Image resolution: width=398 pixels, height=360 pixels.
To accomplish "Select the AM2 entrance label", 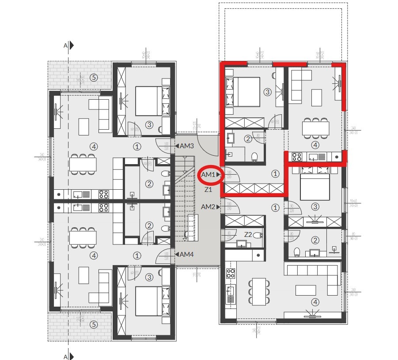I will (x=208, y=206).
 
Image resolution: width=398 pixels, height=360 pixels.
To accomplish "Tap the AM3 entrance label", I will (x=186, y=146).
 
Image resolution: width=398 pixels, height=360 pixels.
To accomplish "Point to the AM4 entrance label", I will (x=186, y=254).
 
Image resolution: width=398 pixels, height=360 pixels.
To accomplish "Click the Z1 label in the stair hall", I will (x=208, y=190).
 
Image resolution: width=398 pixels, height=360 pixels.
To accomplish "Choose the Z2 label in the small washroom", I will (x=248, y=235).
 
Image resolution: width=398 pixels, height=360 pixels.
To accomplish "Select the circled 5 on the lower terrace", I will (x=93, y=325).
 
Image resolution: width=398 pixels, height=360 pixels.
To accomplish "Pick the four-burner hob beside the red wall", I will (x=296, y=157).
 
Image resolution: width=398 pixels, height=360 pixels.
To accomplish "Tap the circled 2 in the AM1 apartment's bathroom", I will (x=248, y=139).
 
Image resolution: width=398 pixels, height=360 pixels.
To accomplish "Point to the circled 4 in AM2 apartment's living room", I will (x=315, y=302).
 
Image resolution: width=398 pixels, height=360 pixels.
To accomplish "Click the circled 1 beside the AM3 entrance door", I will (x=137, y=146).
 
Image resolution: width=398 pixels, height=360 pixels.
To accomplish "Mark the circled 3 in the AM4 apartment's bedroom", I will (x=149, y=277).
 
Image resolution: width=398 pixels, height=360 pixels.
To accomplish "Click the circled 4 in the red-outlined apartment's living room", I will (x=315, y=145).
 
